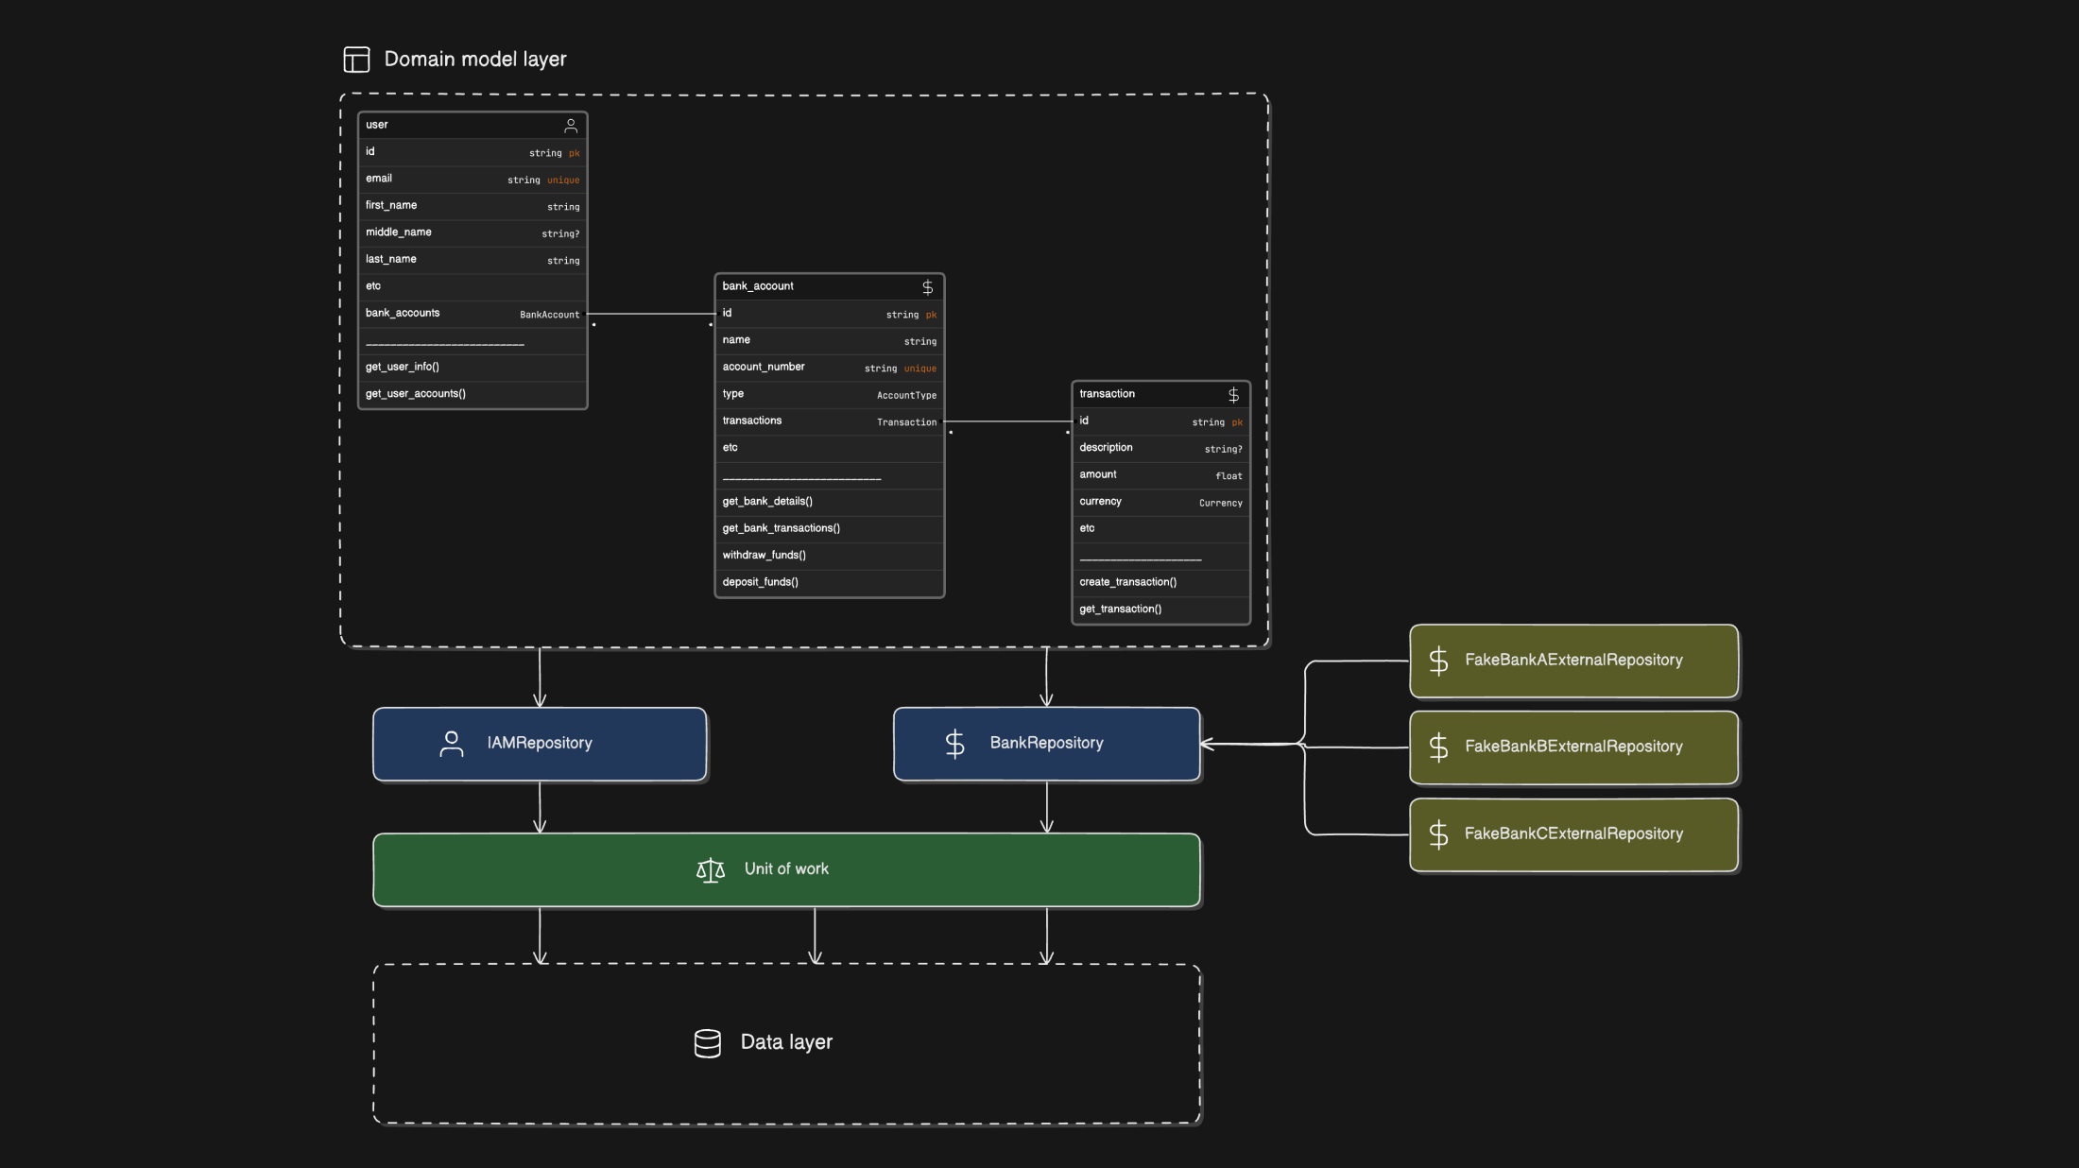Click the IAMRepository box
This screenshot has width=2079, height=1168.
tap(540, 744)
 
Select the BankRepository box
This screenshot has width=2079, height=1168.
tap(1046, 744)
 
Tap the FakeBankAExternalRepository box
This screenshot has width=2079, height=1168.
tap(1573, 661)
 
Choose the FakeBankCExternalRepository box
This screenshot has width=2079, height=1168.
tap(1573, 834)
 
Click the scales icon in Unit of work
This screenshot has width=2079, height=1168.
tap(711, 869)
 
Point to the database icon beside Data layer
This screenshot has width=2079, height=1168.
tap(708, 1043)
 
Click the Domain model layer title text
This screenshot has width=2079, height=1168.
tap(474, 60)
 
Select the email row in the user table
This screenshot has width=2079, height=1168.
tap(472, 180)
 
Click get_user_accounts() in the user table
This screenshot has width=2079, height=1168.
tap(416, 394)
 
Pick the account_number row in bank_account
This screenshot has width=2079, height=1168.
tap(829, 368)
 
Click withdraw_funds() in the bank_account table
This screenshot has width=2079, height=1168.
tap(765, 556)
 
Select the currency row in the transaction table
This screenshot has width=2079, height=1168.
tap(1160, 502)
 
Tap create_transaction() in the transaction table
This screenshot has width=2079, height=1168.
tap(1128, 582)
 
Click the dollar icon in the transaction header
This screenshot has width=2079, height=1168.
tap(1233, 395)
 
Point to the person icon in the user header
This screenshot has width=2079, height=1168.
tap(571, 126)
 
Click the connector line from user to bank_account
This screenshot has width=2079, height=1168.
tap(652, 314)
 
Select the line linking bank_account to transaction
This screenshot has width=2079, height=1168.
tap(1007, 421)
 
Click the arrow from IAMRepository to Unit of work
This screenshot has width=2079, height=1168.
tap(540, 807)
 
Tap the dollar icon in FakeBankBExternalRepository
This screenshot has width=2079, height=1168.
tap(1438, 747)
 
